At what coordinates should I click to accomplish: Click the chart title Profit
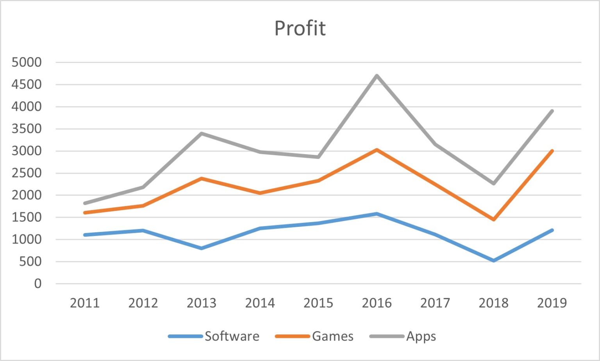tap(300, 28)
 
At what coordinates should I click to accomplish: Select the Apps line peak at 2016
tap(377, 75)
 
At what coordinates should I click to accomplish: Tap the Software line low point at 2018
tap(493, 260)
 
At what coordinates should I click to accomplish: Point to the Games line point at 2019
tap(552, 151)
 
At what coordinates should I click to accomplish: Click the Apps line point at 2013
tap(202, 133)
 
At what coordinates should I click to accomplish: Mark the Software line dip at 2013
tap(202, 248)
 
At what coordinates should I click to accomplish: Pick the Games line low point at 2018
tap(493, 219)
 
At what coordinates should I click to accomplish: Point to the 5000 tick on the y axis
tap(27, 62)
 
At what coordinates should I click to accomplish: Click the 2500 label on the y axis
tap(27, 173)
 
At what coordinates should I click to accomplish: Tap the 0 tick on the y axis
tap(37, 284)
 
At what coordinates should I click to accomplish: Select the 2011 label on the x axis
tap(85, 303)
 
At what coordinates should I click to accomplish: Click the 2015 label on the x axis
tap(318, 303)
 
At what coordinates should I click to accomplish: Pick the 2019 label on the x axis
tap(552, 303)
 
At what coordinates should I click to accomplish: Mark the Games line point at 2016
tap(377, 149)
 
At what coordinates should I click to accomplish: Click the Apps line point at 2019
tap(552, 111)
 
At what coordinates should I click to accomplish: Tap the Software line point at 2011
tap(85, 235)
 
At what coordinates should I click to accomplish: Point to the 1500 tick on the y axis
tap(27, 217)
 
